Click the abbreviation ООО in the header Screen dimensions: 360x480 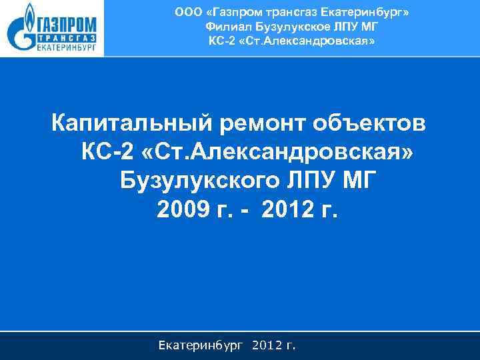point(187,11)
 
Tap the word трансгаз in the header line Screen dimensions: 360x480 point(293,11)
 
